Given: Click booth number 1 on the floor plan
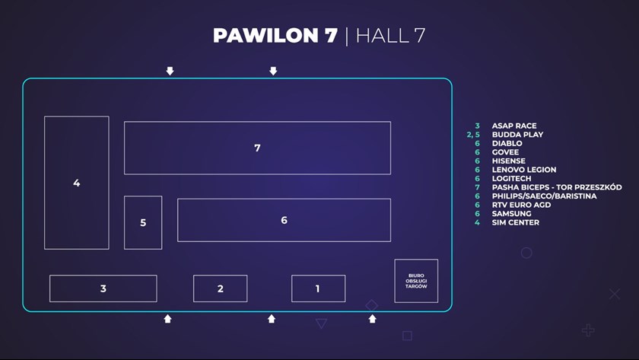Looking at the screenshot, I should click(318, 288).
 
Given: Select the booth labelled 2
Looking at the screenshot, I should click(220, 288).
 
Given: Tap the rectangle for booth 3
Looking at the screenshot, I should click(103, 288).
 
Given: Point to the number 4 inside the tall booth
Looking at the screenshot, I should click(76, 183).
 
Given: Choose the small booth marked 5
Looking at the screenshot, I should click(143, 222).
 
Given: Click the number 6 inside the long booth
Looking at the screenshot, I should click(284, 220).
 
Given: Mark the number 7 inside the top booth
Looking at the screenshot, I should click(257, 148).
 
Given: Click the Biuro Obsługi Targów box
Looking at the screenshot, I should click(416, 281).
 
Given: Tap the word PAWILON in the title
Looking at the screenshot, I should click(264, 36).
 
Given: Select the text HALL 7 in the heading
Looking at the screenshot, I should click(390, 36).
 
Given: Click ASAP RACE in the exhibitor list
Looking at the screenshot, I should click(514, 126).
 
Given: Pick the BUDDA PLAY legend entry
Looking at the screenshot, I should click(517, 135).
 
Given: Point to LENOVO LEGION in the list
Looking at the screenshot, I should click(524, 170).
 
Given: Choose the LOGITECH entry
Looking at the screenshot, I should click(512, 179).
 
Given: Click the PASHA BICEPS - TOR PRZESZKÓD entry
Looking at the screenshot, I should click(557, 187).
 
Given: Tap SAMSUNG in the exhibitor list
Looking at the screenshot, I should click(511, 214).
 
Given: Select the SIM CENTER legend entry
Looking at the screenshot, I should click(516, 222).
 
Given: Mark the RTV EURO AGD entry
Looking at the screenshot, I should click(522, 205).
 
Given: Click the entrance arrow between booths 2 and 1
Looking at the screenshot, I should click(272, 319).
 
